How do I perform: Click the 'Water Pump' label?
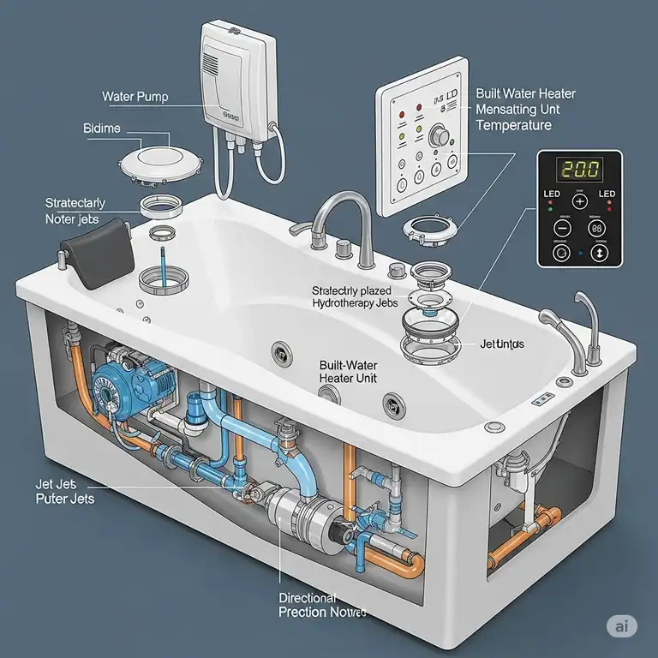pos(135,97)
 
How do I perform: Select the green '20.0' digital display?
pos(578,168)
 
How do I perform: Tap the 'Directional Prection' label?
pos(322,605)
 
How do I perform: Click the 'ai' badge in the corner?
pos(624,626)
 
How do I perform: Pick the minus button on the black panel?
pos(562,229)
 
